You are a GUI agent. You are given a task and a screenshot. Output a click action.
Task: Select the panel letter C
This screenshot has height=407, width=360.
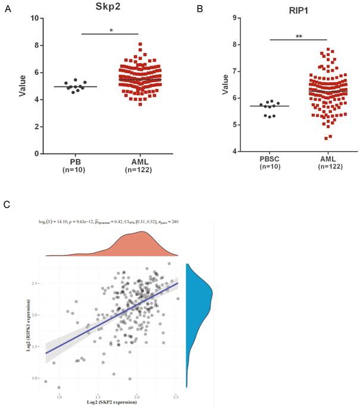[x=7, y=205]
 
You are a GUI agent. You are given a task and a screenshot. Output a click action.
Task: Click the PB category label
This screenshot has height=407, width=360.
[x=75, y=162]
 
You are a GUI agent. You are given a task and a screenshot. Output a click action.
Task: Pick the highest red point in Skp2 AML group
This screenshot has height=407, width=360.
[x=140, y=44]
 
